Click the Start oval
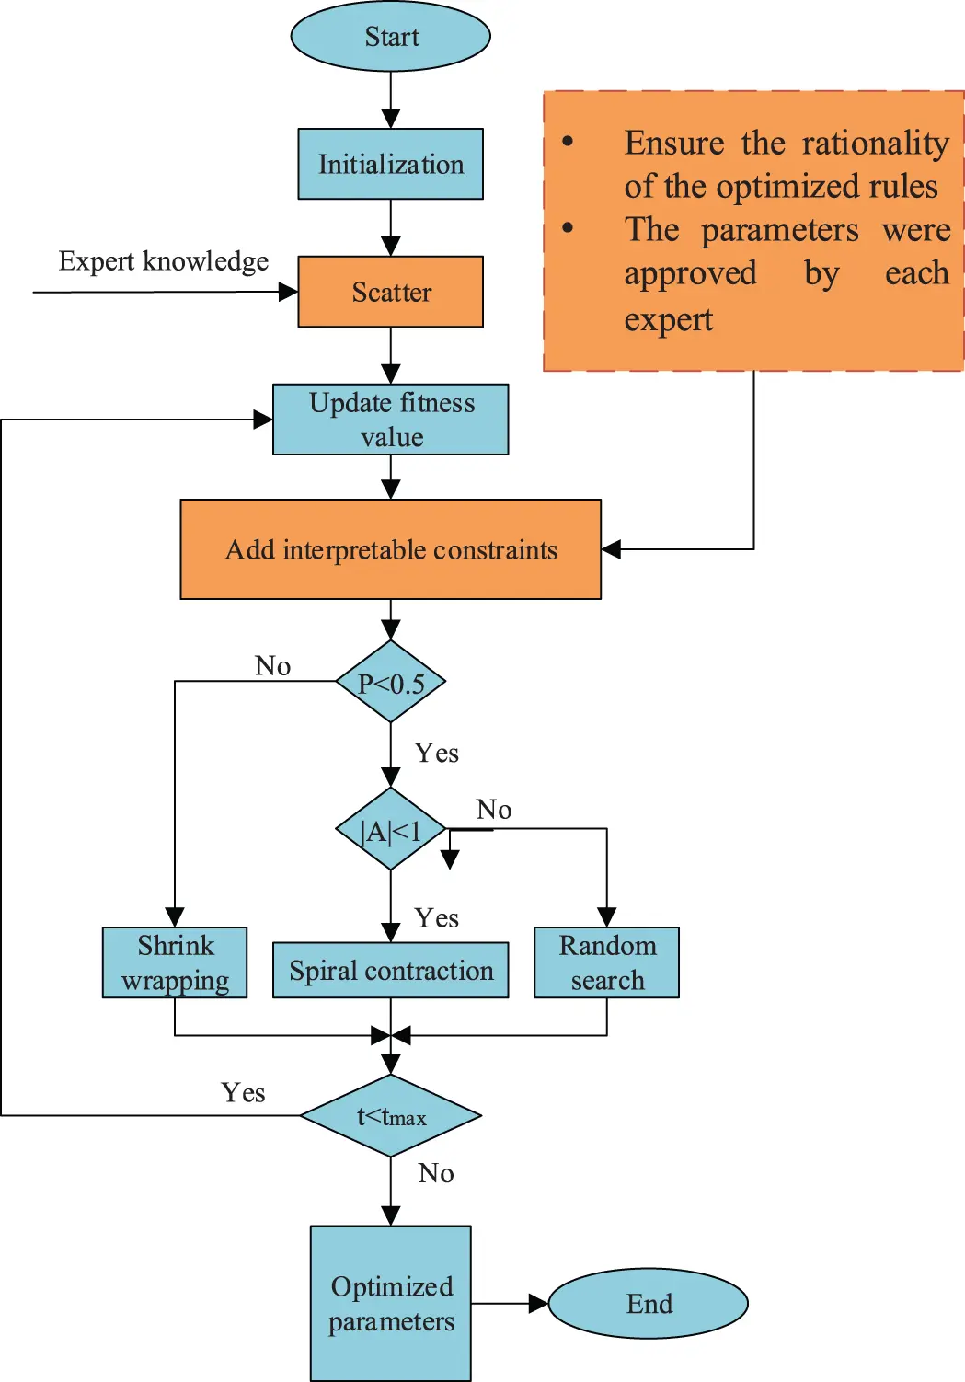tap(391, 37)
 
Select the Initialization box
tap(391, 164)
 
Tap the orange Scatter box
tap(391, 292)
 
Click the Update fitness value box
tap(391, 420)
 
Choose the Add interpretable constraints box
tap(391, 549)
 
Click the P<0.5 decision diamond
tap(391, 683)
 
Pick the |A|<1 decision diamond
tap(391, 830)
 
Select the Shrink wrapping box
tap(175, 962)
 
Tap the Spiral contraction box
tap(391, 971)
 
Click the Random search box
tap(607, 962)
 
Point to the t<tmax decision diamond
tap(391, 1116)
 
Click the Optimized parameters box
tap(391, 1303)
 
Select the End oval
tap(649, 1304)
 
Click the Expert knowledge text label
tap(164, 261)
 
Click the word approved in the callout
tap(691, 273)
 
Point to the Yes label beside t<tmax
tap(243, 1092)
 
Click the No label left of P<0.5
tap(273, 665)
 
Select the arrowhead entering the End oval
tap(539, 1304)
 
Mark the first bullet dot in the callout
tap(569, 142)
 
